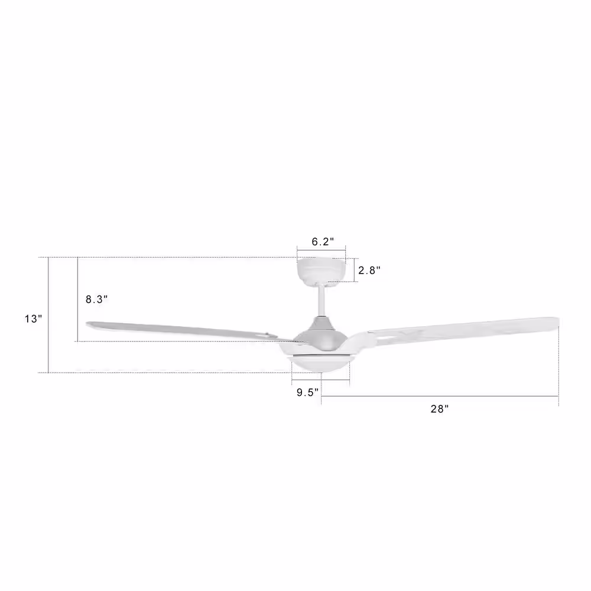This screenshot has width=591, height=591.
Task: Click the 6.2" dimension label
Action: coord(323,242)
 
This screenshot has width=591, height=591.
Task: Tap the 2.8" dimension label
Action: coord(369,270)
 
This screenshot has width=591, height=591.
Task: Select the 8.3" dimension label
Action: coord(97,300)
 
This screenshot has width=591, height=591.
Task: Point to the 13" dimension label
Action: coord(34,319)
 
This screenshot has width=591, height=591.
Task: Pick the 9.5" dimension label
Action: coord(307,393)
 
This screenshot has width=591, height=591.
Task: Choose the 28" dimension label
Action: coord(440,409)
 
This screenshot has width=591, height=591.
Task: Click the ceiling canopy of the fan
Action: coord(321,271)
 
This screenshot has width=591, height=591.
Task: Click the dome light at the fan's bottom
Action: coord(320,364)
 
